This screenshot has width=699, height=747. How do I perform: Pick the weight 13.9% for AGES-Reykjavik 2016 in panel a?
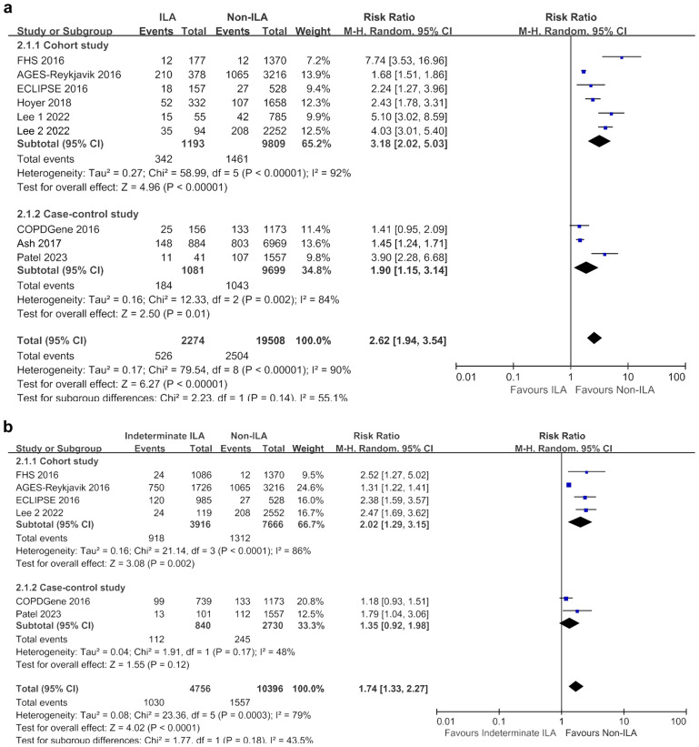click(x=307, y=71)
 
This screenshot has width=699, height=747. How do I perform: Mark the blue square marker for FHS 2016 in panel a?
click(x=622, y=56)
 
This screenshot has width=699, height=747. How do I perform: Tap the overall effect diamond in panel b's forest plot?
click(x=575, y=685)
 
